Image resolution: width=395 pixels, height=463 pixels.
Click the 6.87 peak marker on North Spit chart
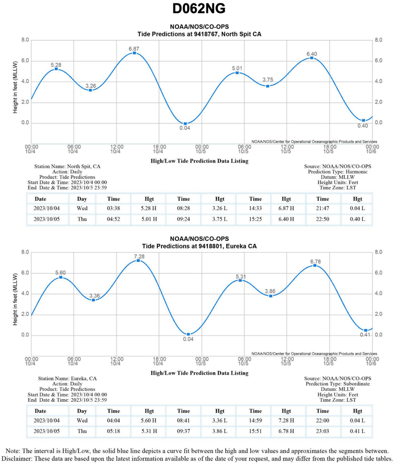[134, 53]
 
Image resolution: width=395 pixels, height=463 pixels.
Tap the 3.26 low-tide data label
[90, 86]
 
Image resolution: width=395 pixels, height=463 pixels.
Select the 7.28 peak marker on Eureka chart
[138, 260]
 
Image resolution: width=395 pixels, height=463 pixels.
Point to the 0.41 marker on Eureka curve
[366, 330]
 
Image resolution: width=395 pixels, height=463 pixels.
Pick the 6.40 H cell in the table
[286, 219]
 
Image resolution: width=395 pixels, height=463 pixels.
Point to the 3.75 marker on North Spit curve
[268, 86]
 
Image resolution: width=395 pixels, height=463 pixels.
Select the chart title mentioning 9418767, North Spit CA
[199, 34]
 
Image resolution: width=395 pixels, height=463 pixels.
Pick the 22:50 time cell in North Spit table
[322, 219]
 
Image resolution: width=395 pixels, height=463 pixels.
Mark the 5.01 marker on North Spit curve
[237, 73]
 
